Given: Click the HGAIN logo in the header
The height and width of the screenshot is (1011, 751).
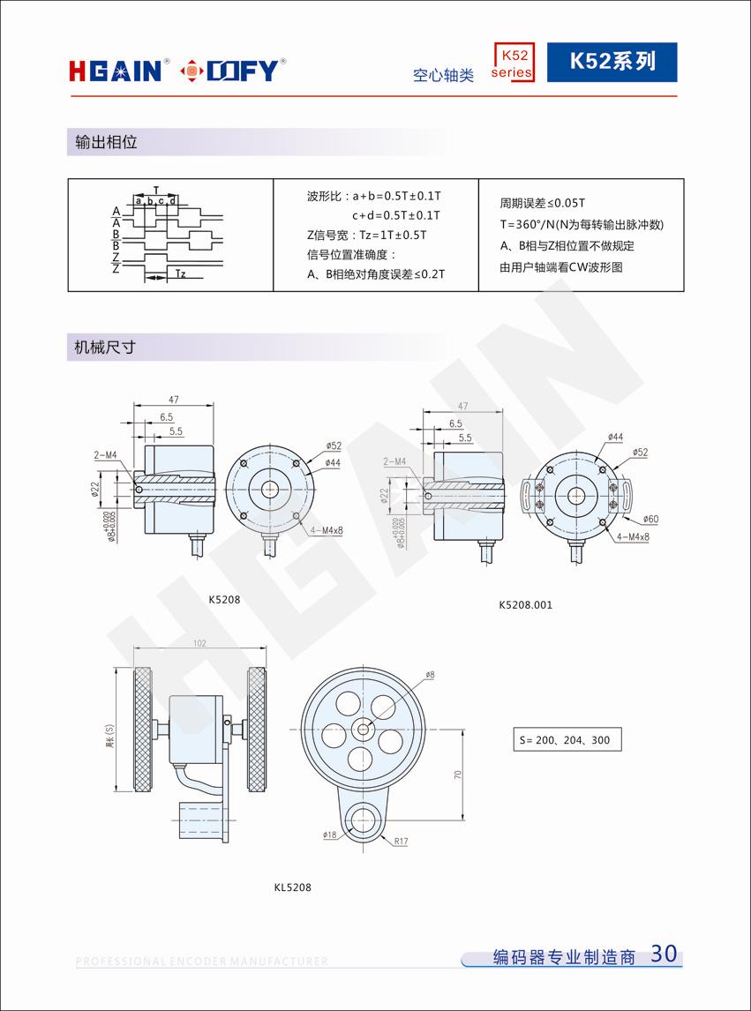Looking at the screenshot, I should tap(115, 70).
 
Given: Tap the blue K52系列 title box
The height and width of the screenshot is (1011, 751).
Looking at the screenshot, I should tap(612, 62).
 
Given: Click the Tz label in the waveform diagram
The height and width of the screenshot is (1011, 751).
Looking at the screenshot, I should tap(180, 273).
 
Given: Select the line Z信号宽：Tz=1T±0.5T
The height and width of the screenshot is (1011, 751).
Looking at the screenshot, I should tap(366, 235).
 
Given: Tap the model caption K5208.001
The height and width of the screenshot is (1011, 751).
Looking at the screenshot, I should tap(525, 604).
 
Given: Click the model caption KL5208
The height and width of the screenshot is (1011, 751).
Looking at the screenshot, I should tap(292, 887).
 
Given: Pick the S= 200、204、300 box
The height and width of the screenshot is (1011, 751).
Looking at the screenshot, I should tap(567, 739).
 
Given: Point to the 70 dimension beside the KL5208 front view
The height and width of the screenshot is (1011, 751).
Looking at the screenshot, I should tap(458, 774).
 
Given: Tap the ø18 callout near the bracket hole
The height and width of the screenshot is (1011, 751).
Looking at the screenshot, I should tap(331, 833).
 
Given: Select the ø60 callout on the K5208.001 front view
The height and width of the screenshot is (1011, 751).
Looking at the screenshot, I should tap(650, 519).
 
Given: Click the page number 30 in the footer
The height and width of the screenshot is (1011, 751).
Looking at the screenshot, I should tap(663, 954).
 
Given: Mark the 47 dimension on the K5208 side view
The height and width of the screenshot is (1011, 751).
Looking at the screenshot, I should tap(173, 400).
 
